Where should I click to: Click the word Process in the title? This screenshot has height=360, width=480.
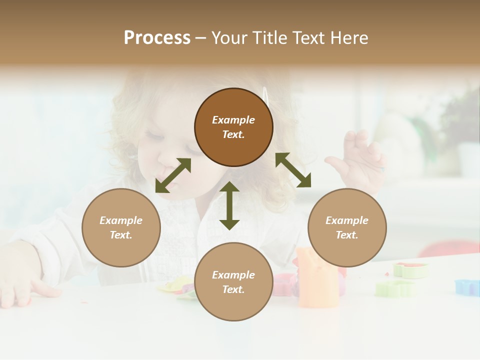(157, 38)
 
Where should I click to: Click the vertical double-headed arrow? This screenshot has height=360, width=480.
(229, 205)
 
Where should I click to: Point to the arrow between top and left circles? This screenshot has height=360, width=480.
(173, 175)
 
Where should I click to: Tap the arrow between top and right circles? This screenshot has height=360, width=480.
(293, 169)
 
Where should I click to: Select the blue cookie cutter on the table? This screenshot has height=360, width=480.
(467, 287)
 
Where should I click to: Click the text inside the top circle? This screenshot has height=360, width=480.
(233, 127)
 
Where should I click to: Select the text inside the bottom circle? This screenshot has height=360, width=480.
(233, 282)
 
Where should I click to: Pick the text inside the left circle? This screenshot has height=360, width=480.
(121, 227)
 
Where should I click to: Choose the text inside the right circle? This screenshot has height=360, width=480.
(347, 227)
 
